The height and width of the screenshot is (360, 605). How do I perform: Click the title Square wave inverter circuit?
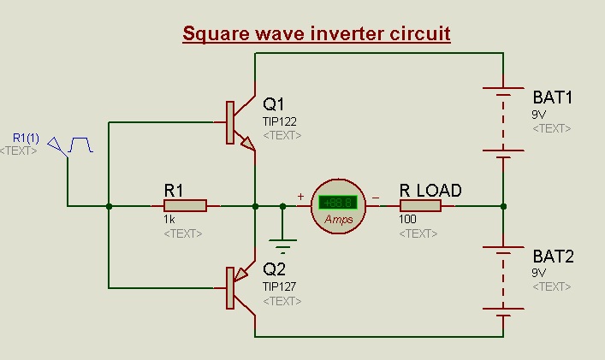(317, 35)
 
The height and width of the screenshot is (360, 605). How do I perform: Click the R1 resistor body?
(185, 205)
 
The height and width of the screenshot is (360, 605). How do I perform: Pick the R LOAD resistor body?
(420, 205)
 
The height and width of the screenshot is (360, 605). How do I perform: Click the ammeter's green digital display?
(338, 203)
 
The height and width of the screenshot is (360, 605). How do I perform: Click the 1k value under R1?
(169, 220)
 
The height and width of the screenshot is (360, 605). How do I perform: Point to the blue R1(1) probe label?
(25, 138)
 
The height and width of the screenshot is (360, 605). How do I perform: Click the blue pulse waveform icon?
(80, 145)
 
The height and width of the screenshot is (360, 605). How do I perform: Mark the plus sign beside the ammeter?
(300, 197)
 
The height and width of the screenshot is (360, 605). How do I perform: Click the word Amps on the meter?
(338, 220)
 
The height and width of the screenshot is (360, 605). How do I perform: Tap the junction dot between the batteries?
(503, 205)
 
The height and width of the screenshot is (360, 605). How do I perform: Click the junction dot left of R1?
(109, 205)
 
